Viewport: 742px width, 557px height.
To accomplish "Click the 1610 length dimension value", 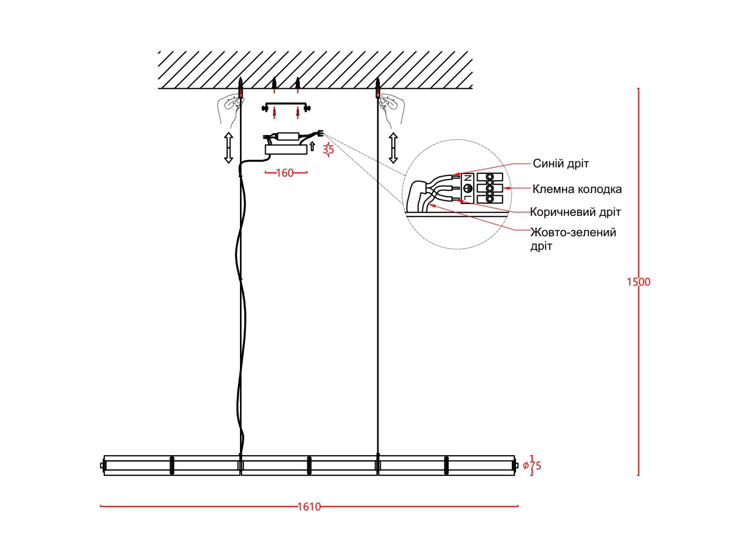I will (309, 507).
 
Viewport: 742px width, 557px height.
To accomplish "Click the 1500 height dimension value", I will (638, 282).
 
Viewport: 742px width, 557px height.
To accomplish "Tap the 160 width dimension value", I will (285, 173).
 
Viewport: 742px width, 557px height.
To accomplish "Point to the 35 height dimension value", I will (328, 150).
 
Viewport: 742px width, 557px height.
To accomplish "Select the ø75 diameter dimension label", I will (532, 466).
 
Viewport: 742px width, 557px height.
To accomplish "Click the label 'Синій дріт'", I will (561, 164).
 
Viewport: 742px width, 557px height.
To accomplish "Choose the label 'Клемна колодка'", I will (577, 189).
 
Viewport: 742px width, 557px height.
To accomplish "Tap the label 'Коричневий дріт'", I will (575, 212).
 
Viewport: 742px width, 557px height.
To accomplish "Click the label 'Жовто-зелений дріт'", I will (573, 239).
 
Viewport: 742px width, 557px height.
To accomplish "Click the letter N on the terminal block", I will (467, 179).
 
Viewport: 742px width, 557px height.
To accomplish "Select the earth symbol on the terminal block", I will (467, 188).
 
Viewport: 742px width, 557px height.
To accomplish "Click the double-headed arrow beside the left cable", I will (229, 148).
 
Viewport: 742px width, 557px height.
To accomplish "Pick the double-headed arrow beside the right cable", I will (393, 148).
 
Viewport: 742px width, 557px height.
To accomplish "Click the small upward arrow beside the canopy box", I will (312, 146).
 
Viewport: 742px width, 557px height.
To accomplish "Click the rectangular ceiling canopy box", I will (286, 150).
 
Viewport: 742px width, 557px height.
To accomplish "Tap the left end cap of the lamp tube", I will (103, 466).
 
